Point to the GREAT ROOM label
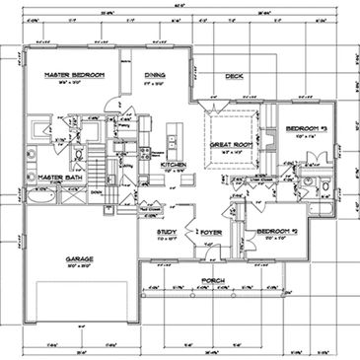tap(232, 145)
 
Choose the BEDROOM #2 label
tap(277, 233)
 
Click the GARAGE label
tap(81, 258)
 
